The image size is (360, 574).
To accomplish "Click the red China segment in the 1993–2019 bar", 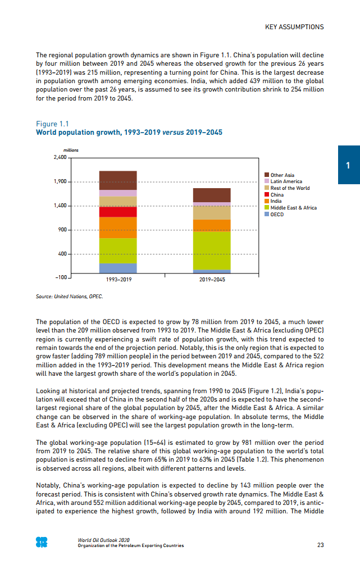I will (x=118, y=212).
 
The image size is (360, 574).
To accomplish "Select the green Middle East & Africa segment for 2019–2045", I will (x=212, y=250).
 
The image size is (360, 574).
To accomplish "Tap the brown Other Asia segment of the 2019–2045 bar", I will (x=212, y=195).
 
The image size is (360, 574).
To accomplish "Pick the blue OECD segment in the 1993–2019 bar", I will (x=118, y=268).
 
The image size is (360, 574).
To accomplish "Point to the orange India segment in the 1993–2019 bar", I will (x=118, y=227).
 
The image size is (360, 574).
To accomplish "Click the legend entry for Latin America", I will (x=286, y=181).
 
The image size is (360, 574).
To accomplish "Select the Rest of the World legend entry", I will (x=290, y=188).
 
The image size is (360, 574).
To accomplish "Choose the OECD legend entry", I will (x=277, y=214).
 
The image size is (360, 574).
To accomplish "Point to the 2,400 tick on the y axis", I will (x=59, y=158).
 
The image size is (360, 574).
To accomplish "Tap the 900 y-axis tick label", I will (x=62, y=230).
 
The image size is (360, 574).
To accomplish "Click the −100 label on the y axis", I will (x=61, y=278).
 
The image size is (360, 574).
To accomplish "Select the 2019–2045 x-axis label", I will (x=212, y=279).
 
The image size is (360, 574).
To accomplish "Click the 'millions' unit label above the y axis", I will (x=71, y=150).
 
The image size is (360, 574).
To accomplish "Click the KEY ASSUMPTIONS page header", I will (x=294, y=26).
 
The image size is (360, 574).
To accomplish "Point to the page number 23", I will (x=320, y=545).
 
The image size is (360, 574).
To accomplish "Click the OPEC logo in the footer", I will (x=42, y=542).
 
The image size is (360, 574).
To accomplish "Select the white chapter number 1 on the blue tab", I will (x=348, y=165).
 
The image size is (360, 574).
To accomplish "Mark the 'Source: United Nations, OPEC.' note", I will (x=70, y=296).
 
